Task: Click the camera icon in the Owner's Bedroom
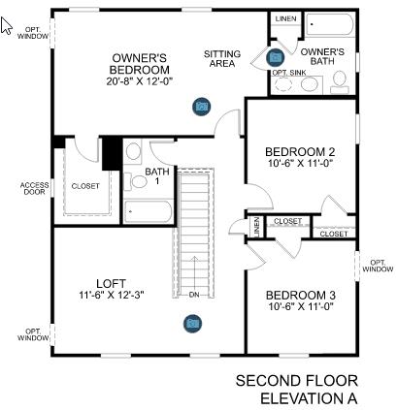click(x=201, y=105)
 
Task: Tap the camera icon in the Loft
click(x=192, y=323)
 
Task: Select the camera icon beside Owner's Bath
click(x=276, y=58)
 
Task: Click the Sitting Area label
click(x=223, y=60)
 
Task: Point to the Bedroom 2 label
click(x=300, y=151)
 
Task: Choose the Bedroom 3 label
click(x=300, y=295)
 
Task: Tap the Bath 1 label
click(x=157, y=177)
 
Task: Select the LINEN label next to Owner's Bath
click(x=285, y=19)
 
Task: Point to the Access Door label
click(x=34, y=188)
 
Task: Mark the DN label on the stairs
click(x=194, y=295)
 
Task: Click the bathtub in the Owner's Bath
click(x=330, y=25)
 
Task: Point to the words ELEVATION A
click(x=309, y=397)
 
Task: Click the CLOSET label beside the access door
click(x=85, y=186)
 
